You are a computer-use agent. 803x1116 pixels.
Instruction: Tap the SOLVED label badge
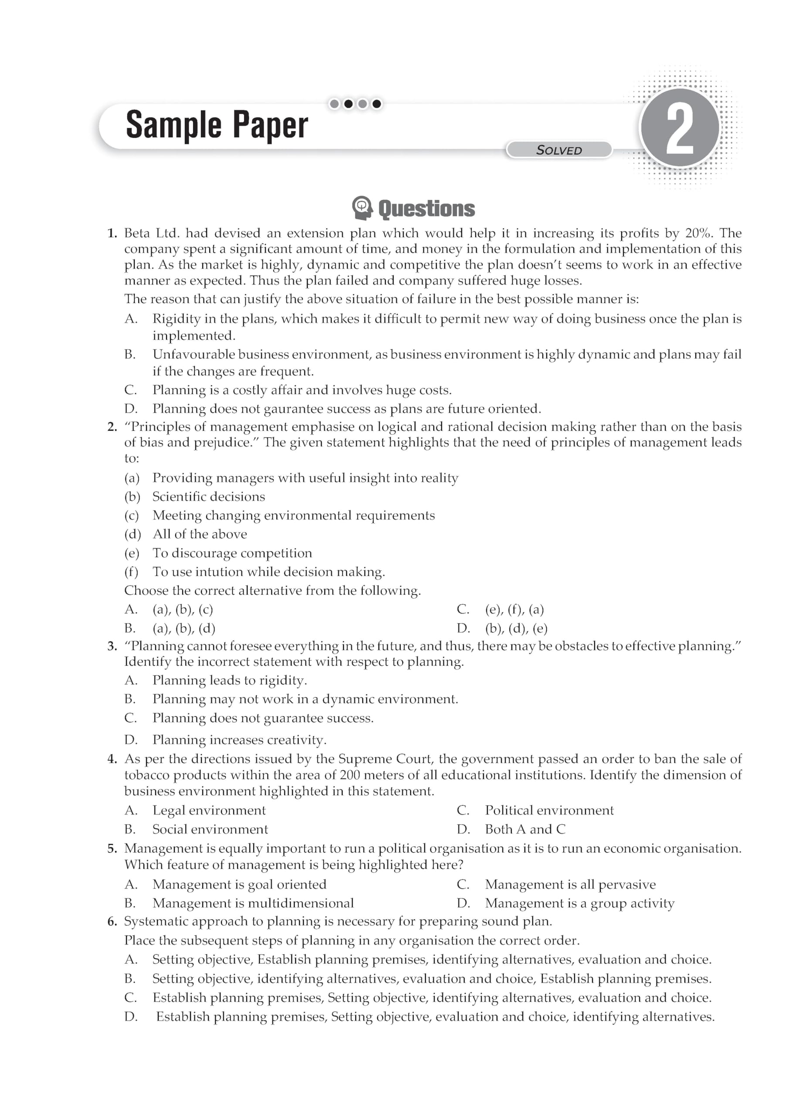[559, 150]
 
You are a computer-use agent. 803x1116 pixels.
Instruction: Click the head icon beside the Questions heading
[362, 208]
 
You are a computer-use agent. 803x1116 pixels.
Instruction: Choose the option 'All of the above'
[199, 534]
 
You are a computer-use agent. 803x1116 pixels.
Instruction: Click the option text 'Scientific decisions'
[209, 497]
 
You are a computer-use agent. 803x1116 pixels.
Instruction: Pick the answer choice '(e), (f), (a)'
[514, 610]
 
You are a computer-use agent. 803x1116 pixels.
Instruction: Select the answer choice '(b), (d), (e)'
[516, 628]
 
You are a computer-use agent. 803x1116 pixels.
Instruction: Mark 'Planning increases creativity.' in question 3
[239, 740]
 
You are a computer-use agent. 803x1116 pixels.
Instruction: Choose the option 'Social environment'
[210, 830]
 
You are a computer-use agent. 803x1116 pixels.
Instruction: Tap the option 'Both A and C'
[525, 830]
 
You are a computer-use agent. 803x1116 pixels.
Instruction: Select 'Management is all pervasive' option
[570, 885]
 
